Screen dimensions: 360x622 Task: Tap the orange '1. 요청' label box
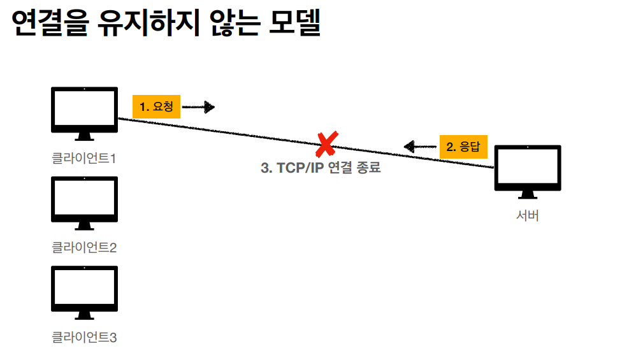click(156, 107)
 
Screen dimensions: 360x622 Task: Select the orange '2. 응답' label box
click(463, 147)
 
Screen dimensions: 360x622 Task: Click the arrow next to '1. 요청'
click(199, 107)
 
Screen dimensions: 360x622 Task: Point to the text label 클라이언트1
click(84, 157)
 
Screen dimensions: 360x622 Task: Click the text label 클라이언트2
click(84, 247)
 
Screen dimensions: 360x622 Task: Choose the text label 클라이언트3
click(84, 336)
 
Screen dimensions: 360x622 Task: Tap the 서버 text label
click(528, 215)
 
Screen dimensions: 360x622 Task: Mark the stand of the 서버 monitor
click(528, 195)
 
